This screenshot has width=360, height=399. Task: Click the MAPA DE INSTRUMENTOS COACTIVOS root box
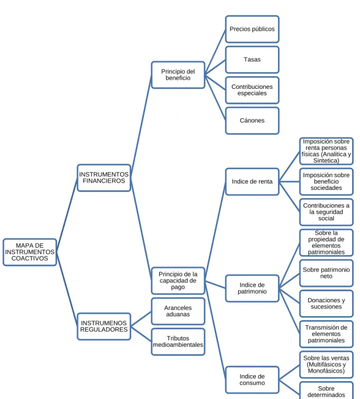[x=30, y=252]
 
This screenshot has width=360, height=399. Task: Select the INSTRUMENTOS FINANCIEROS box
[x=104, y=178]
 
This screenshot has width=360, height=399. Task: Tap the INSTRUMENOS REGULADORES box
[x=104, y=326]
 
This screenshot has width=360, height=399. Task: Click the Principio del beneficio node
[x=178, y=75]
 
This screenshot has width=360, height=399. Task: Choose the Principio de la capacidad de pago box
[x=178, y=280]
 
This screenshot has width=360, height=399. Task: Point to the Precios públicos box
[x=252, y=29]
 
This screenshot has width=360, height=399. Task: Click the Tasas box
[x=252, y=60]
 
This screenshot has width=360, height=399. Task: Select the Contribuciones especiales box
[x=252, y=90]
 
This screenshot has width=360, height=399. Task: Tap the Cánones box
[x=252, y=121]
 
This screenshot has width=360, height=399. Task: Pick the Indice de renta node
[x=252, y=182]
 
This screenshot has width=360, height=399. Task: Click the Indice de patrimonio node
[x=252, y=288]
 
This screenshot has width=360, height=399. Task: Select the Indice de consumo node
[x=252, y=379]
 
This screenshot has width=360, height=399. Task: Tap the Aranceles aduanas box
[x=178, y=311]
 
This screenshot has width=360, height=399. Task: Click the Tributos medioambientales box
[x=178, y=341]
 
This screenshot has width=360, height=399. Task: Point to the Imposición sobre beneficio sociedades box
[x=326, y=182]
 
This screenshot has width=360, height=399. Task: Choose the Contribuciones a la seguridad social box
[x=326, y=212]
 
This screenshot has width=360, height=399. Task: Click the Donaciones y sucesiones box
[x=326, y=303]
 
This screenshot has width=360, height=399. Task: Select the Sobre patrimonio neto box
[x=326, y=273]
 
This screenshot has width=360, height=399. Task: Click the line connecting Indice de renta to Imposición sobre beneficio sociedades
[x=289, y=182]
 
